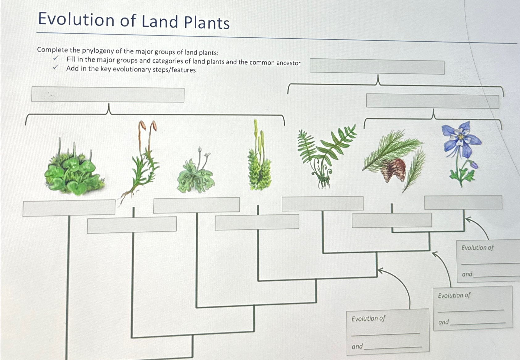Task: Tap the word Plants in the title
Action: coord(207,23)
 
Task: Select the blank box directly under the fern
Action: coord(322,204)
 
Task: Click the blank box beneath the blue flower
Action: coord(463,202)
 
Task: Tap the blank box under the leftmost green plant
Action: coord(69,208)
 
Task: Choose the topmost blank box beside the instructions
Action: coord(377,67)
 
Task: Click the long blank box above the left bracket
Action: coord(108,95)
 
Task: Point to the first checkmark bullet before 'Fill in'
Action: coord(56,59)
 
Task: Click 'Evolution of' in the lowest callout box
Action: coord(368,318)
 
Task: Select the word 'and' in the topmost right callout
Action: coord(467,274)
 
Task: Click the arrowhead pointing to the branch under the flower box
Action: coord(468,219)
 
